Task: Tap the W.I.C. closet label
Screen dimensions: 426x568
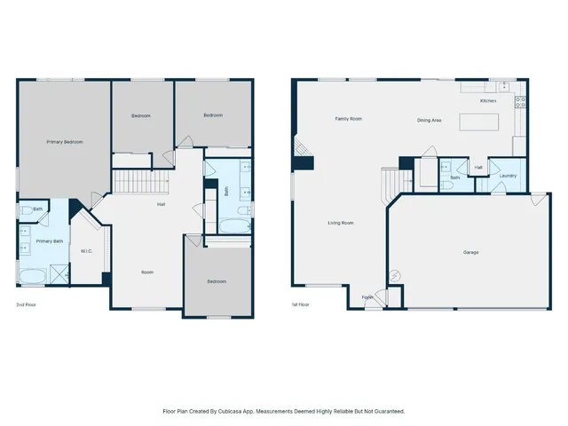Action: [x=86, y=250]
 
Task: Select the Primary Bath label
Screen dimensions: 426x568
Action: [x=49, y=241]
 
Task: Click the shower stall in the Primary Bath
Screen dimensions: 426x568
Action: [x=59, y=275]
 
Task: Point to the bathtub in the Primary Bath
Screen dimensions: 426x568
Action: [x=32, y=276]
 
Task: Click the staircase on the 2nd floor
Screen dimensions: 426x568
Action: [x=140, y=182]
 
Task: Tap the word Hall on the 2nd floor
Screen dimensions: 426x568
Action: [x=162, y=205]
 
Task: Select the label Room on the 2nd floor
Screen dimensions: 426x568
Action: [x=147, y=272]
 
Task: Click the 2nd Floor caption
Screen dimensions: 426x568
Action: [x=26, y=304]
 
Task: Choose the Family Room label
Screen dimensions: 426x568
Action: [x=348, y=118]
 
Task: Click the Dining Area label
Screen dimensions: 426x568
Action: [x=430, y=120]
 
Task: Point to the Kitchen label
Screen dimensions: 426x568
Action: [x=488, y=101]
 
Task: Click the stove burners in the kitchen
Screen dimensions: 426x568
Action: [x=521, y=102]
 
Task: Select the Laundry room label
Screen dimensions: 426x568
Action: [x=508, y=176]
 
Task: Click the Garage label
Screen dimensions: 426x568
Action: [x=470, y=252]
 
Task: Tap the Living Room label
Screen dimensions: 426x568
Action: [x=340, y=223]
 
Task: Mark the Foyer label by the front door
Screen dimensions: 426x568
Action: [x=367, y=297]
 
